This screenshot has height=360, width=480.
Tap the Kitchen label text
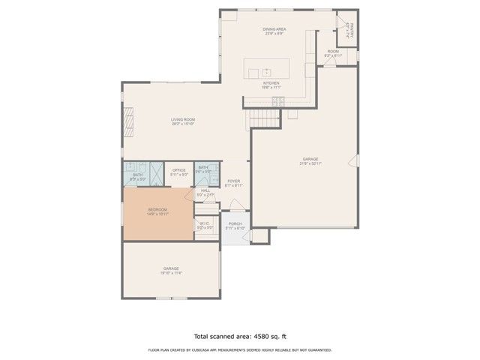click(x=271, y=82)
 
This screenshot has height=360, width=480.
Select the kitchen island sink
click(x=266, y=72)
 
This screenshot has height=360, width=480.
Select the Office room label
click(x=178, y=170)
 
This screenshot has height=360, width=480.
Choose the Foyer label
click(x=233, y=181)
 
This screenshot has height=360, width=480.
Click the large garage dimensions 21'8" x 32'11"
click(x=310, y=163)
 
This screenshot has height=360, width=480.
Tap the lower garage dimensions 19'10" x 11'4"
click(x=171, y=273)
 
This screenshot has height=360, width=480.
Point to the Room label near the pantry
click(x=332, y=52)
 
